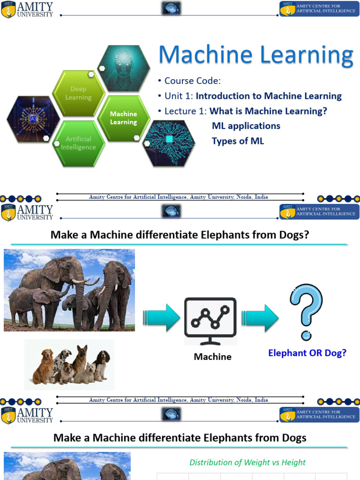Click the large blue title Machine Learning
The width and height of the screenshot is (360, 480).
[255, 55]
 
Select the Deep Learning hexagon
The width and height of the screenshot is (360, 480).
[78, 93]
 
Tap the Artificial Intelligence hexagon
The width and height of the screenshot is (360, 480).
[78, 143]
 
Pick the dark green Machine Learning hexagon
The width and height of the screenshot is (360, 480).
[123, 118]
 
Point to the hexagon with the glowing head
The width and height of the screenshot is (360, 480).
[124, 68]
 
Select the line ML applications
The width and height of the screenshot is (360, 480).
[246, 126]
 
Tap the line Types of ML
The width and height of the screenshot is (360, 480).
[238, 141]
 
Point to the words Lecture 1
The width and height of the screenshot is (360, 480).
[185, 111]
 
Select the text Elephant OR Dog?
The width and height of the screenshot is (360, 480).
[307, 353]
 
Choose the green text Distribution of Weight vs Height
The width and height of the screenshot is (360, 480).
[247, 462]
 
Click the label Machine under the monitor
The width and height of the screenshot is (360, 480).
[212, 357]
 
